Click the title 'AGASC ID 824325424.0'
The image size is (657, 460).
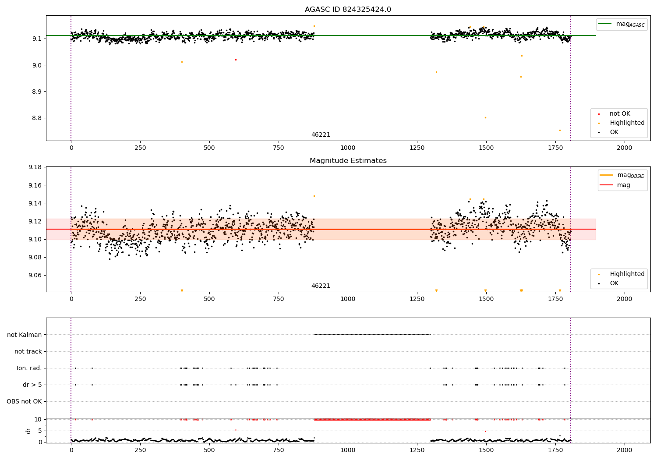[348, 10]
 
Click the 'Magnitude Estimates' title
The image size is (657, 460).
[348, 161]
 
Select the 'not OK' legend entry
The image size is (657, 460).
[620, 114]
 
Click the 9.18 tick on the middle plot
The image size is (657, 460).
[35, 167]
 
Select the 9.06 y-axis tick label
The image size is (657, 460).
[35, 276]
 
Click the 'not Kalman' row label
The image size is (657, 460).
[25, 335]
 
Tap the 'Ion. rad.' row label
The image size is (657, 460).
[29, 368]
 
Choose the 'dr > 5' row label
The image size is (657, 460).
[32, 385]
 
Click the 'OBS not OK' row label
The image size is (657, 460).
[24, 402]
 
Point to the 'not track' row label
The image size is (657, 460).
[28, 352]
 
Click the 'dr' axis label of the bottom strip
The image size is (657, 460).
[28, 431]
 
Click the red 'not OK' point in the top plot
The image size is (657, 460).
[236, 60]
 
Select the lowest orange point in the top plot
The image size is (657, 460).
[560, 130]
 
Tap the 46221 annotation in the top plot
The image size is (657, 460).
[321, 135]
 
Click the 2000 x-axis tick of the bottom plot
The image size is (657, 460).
[625, 450]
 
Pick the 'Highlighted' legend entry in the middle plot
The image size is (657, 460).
[627, 274]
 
